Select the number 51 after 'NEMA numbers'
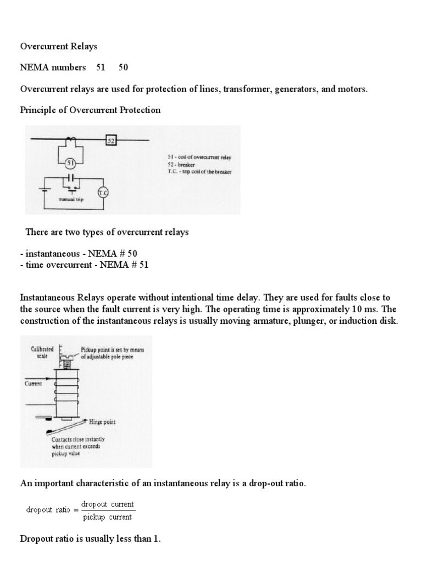101,68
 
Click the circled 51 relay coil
70,163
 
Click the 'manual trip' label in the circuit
70,201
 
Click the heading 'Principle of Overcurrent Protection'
90,110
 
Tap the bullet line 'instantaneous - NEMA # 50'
79,254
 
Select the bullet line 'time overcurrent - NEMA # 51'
84,265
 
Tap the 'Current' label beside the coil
34,384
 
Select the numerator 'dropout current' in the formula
108,504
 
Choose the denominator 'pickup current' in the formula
108,516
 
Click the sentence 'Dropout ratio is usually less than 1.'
90,539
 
